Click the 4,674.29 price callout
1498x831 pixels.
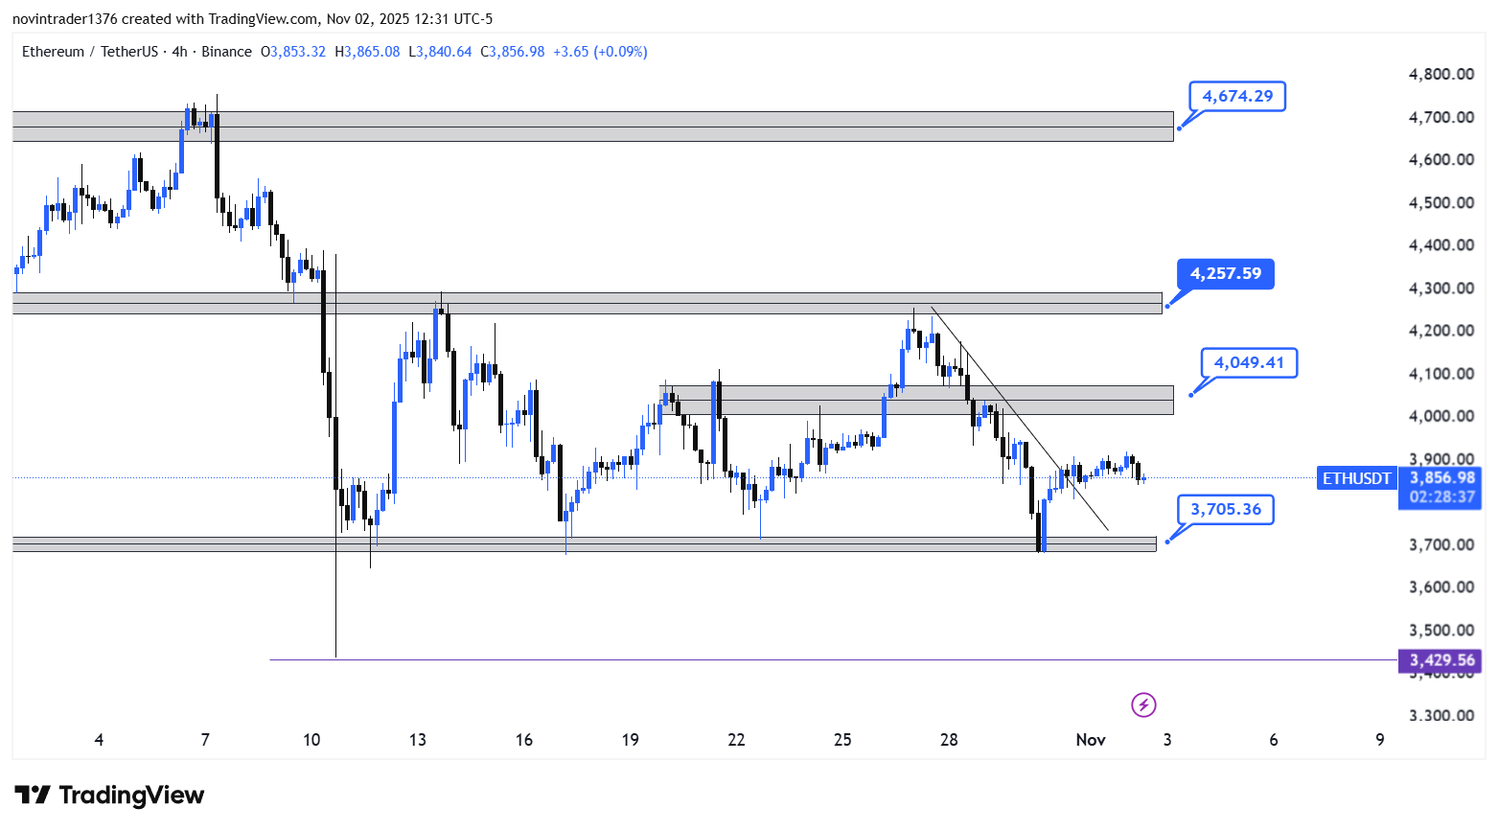(x=1237, y=96)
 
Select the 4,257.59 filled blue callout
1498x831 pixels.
(x=1226, y=274)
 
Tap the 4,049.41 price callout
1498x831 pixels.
(x=1249, y=362)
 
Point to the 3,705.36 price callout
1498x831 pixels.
(x=1226, y=509)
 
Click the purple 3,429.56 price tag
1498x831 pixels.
(x=1440, y=660)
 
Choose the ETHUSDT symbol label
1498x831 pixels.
(x=1356, y=478)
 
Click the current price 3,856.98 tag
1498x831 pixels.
(x=1441, y=477)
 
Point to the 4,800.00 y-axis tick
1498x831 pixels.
(x=1441, y=74)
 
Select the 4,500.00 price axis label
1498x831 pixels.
(x=1441, y=202)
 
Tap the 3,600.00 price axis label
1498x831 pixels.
(x=1441, y=587)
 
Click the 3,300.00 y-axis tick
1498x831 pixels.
(x=1441, y=715)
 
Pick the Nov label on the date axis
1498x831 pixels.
(x=1091, y=739)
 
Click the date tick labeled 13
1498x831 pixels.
(x=418, y=739)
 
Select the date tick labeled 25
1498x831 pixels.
(x=842, y=739)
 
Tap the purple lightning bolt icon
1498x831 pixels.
(x=1143, y=705)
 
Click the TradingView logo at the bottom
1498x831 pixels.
(x=109, y=795)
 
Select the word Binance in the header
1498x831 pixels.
(x=226, y=52)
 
